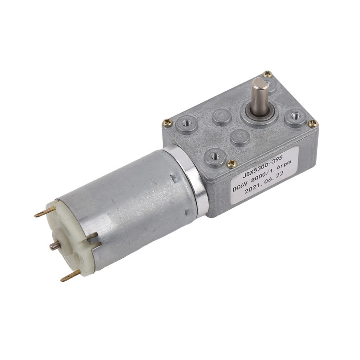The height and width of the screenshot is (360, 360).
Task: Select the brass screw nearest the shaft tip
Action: [x=268, y=74]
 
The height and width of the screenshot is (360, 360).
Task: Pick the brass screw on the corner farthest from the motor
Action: [x=313, y=124]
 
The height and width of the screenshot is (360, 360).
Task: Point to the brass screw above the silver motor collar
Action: [x=168, y=122]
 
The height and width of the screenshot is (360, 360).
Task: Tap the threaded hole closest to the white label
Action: [x=215, y=156]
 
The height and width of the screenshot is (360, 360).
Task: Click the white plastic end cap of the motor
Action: [x=72, y=240]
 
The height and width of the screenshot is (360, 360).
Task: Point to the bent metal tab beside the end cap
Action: [x=91, y=236]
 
